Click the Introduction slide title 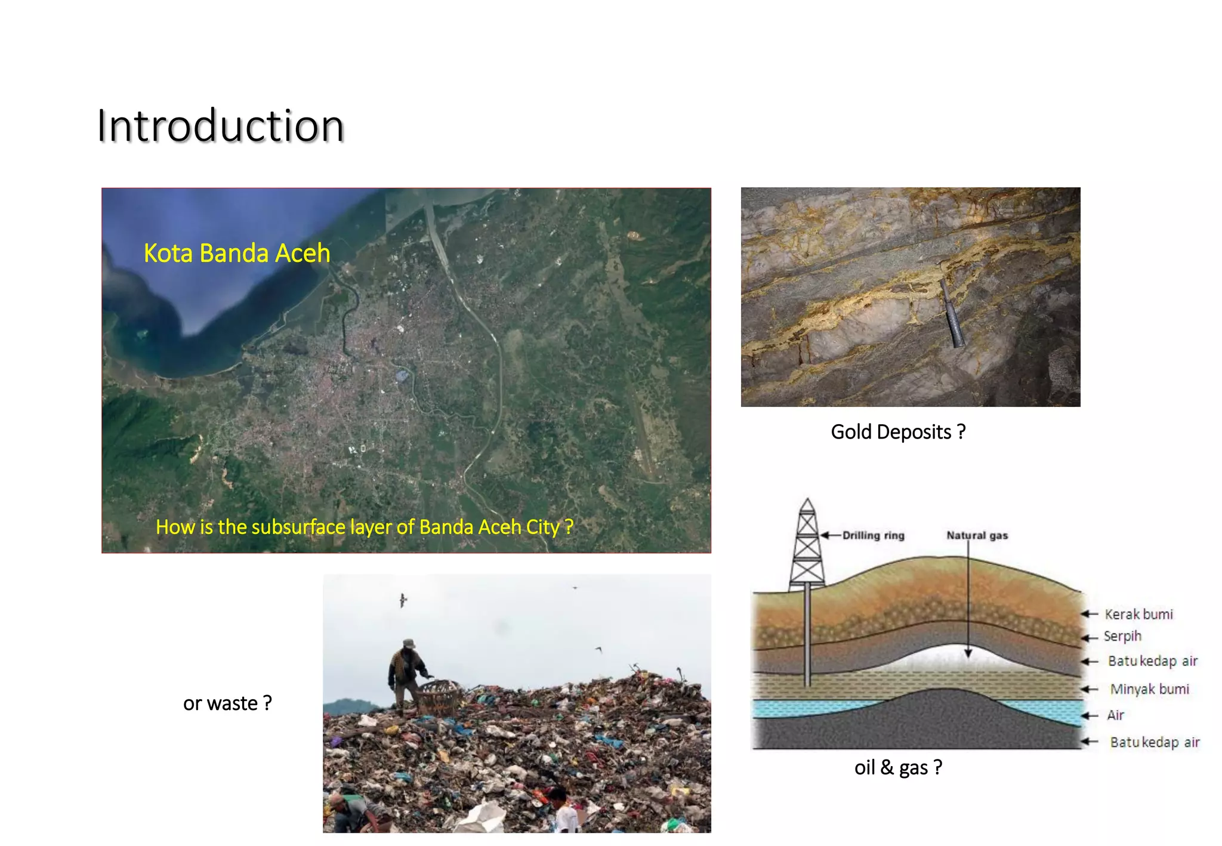(x=221, y=126)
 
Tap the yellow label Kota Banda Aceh (x=237, y=253)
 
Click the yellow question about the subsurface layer (x=364, y=527)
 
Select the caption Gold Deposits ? (x=898, y=431)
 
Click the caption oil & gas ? (x=898, y=767)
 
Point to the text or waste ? (x=227, y=703)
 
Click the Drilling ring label (x=873, y=535)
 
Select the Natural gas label (x=977, y=535)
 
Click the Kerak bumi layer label (x=1138, y=615)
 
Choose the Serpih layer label (x=1122, y=636)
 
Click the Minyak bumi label (x=1149, y=689)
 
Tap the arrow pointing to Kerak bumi (x=1090, y=614)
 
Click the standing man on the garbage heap (x=407, y=677)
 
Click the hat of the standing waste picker (x=409, y=643)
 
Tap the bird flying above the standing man (x=403, y=600)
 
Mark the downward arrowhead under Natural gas (x=968, y=653)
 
